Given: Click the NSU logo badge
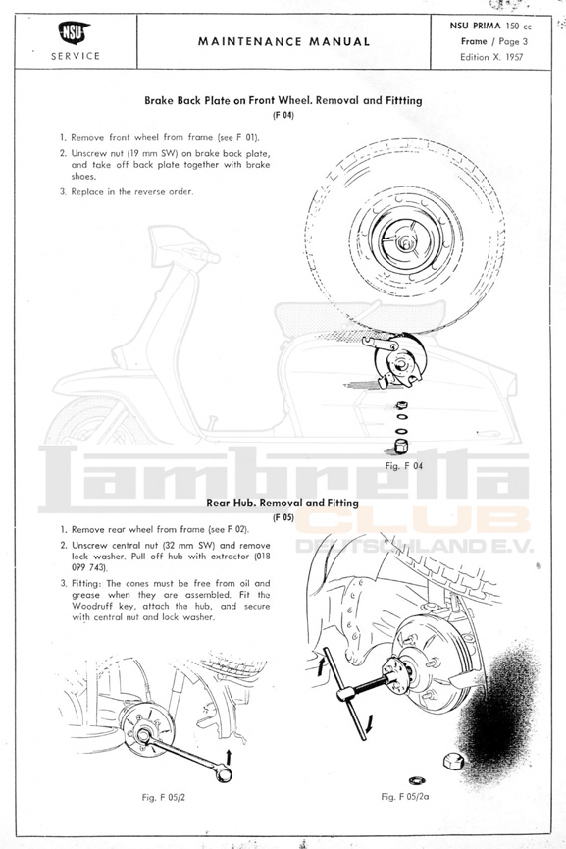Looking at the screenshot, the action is pos(74,33).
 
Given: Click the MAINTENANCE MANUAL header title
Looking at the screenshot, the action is pos(284,41).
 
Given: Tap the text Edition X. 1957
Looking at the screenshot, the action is pos(491,57).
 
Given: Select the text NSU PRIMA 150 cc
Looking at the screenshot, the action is pos(490,26).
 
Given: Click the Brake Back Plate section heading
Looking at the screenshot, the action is pos(283,100).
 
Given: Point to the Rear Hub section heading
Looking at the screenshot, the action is pos(283,503).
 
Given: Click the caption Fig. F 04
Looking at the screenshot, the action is pos(404,465).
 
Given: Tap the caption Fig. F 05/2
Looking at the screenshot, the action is pos(164,797).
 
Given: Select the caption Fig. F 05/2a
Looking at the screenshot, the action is pos(405,796).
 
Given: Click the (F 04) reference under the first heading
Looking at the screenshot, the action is pos(283,115).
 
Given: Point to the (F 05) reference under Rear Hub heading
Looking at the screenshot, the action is pos(283,517).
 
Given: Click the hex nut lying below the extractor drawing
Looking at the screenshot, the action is pos(453,761).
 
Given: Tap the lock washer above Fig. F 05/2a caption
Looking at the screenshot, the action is pos(417,780).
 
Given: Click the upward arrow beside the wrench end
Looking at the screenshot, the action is pos(229,756).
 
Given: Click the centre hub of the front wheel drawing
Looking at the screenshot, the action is pos(404,242).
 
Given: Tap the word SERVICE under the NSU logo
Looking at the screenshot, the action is pos(76,56).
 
